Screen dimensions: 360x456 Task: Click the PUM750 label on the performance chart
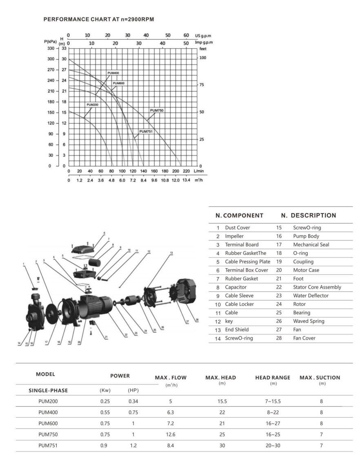tap(157, 111)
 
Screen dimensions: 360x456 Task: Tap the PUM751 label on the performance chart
tap(146, 131)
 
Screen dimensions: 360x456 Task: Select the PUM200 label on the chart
tap(93, 105)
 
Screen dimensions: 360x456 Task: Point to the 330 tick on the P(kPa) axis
tap(51, 48)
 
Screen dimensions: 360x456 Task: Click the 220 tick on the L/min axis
tap(187, 171)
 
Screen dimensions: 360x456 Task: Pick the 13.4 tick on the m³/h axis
tap(187, 180)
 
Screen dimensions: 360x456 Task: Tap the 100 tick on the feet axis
tap(203, 58)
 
